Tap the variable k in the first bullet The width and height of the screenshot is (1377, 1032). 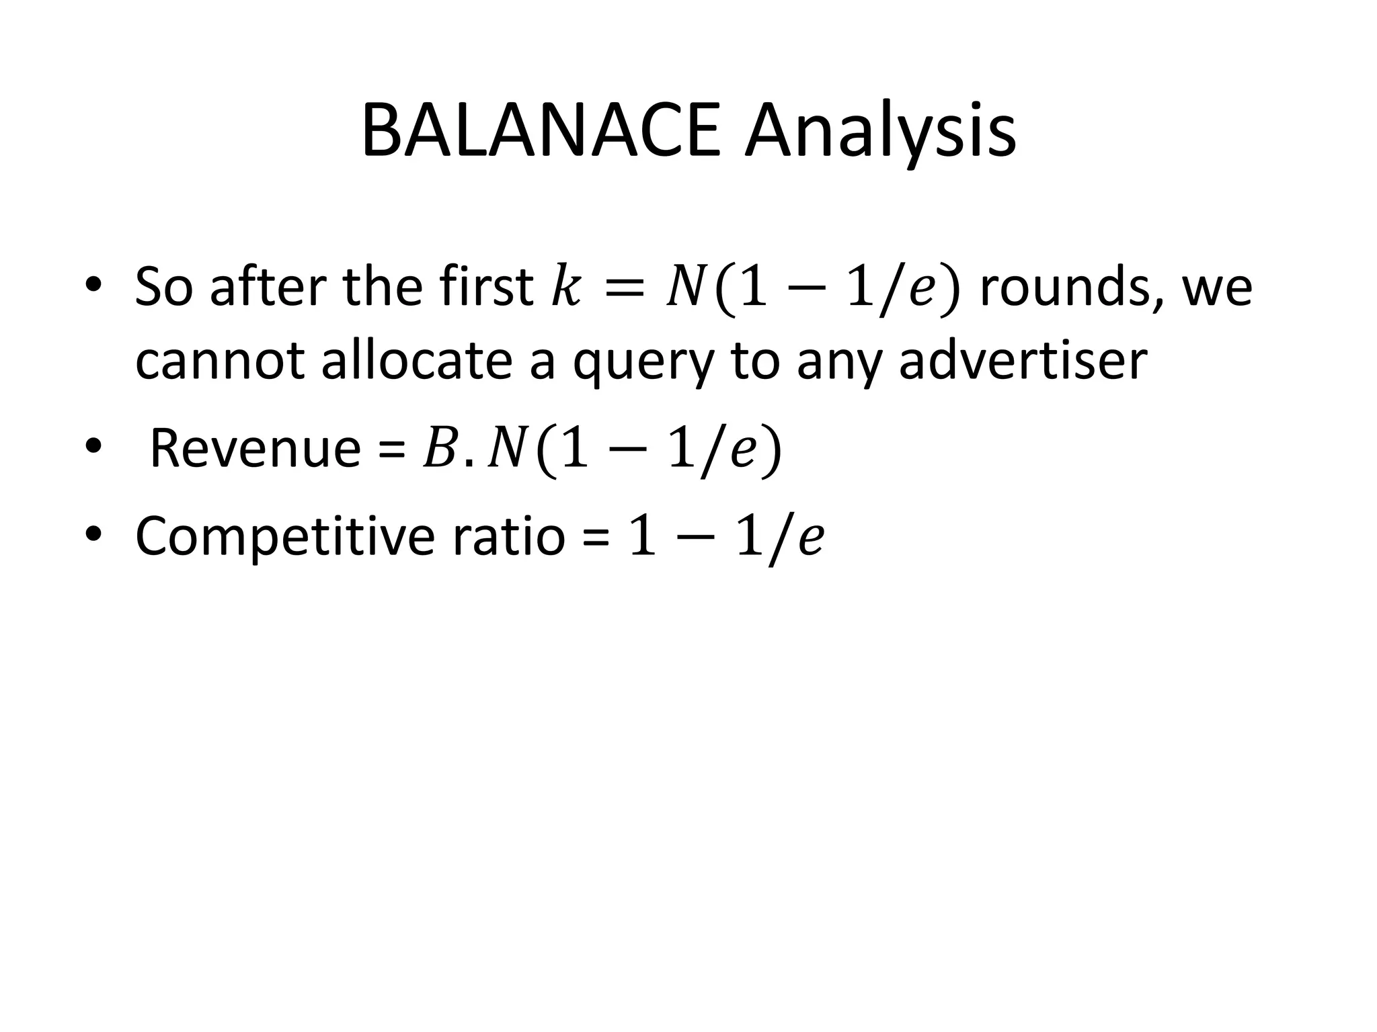[565, 288]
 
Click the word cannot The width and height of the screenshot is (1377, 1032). [221, 361]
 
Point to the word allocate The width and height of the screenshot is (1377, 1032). [417, 361]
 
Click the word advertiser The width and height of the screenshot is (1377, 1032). [1023, 361]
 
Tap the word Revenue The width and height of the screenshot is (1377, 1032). [255, 448]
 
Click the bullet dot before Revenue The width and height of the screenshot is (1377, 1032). [93, 445]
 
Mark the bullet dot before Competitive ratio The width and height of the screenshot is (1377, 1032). [93, 533]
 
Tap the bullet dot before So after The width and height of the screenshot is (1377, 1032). [93, 285]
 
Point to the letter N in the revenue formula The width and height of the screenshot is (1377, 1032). [505, 449]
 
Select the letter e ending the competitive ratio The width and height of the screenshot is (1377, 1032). [810, 538]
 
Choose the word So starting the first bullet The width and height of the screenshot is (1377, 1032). [164, 288]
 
